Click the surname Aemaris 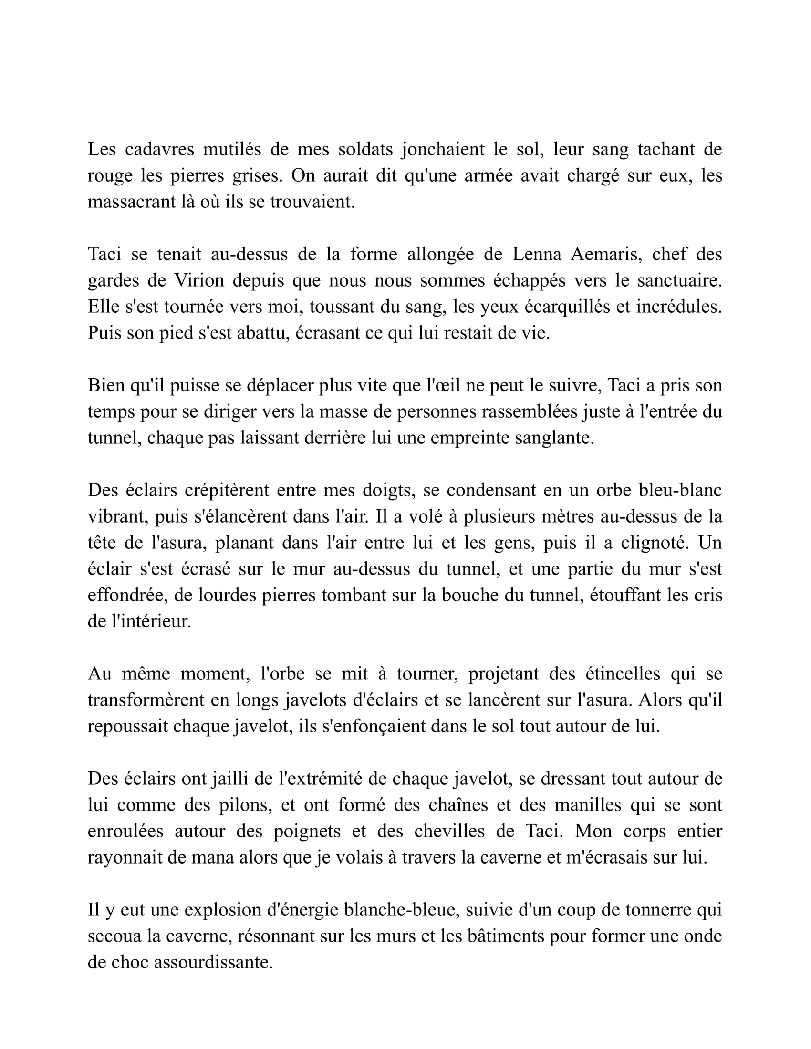click(x=606, y=254)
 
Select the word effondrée click(x=126, y=596)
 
